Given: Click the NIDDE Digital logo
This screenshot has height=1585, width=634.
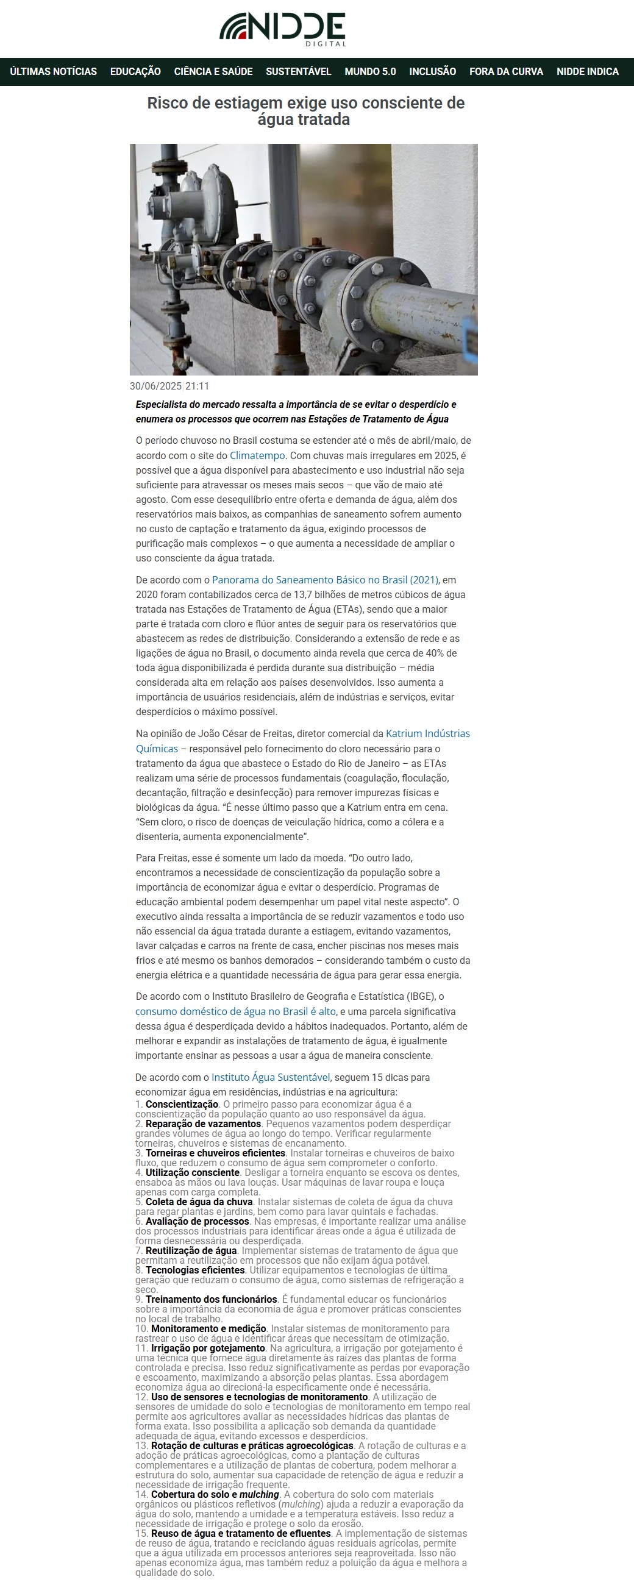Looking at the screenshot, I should click(x=282, y=29).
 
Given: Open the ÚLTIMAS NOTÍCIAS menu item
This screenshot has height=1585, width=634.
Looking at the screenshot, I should click(x=53, y=71).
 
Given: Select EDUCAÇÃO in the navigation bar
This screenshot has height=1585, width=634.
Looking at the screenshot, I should click(x=135, y=71).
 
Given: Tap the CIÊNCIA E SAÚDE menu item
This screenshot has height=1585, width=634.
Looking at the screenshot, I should click(x=213, y=71).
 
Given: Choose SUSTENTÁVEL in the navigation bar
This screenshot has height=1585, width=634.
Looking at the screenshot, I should click(x=299, y=71).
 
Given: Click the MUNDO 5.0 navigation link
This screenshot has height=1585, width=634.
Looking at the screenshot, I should click(x=370, y=71).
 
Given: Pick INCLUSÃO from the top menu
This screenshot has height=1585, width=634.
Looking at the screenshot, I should click(x=433, y=71).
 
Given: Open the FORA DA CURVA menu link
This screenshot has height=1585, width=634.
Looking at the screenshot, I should click(x=506, y=71).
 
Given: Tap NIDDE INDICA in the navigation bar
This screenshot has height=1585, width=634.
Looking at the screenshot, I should click(x=587, y=71).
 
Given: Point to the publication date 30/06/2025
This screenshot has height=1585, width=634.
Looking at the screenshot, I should click(x=155, y=386).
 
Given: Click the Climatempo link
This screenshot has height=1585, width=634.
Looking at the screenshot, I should click(x=257, y=455).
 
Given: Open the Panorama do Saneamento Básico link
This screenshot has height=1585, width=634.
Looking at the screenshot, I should click(x=325, y=580).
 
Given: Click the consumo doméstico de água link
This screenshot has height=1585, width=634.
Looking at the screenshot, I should click(x=236, y=1011).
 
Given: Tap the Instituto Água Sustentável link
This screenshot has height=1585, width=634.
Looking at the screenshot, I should click(x=271, y=1077).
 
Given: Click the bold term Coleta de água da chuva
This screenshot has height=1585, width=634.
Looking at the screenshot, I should click(x=199, y=1202).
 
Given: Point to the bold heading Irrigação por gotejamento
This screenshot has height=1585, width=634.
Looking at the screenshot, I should click(x=208, y=1348).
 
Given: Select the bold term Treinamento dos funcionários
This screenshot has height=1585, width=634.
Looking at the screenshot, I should click(x=211, y=1299).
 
